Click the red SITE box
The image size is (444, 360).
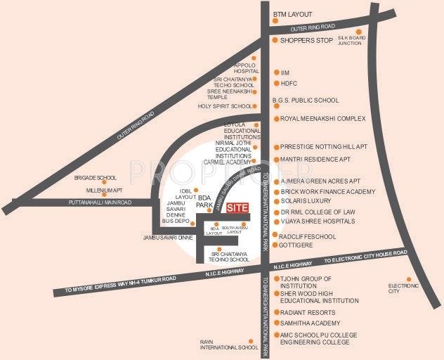click(239, 208)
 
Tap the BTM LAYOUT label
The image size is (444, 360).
click(294, 13)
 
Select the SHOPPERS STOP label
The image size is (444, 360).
click(306, 41)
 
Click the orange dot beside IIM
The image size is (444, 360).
click(275, 72)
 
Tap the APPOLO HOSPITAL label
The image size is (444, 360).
click(247, 68)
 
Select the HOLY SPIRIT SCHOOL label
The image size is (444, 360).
click(224, 106)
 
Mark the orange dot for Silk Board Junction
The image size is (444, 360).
click(358, 32)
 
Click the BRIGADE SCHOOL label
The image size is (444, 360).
click(96, 178)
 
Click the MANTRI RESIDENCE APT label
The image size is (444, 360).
click(315, 160)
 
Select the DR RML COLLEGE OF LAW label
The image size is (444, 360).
click(318, 211)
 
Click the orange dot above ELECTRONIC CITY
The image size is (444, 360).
click(403, 278)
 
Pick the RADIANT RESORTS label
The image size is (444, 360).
click(308, 312)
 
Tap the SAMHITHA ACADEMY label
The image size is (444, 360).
click(310, 323)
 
